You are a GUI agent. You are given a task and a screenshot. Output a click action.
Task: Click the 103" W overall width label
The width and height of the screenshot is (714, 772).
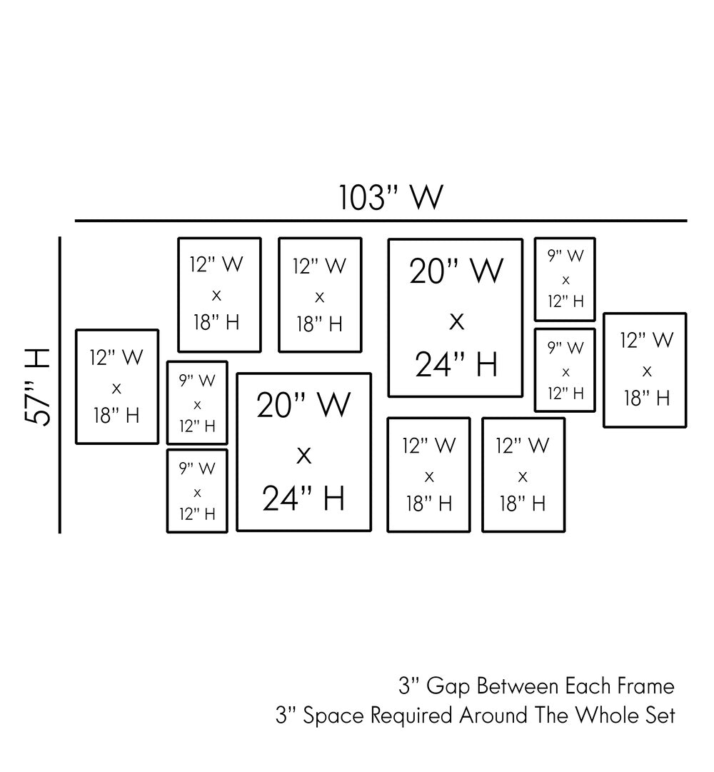(391, 197)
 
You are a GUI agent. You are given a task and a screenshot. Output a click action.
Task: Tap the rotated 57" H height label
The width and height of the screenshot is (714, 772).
(36, 386)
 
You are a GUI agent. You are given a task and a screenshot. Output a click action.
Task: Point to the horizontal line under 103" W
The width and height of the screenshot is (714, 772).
(381, 221)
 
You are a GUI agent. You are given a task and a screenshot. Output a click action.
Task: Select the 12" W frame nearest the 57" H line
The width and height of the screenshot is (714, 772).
(117, 386)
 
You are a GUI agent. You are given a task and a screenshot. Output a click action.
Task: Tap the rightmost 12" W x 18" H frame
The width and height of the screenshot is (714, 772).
(645, 370)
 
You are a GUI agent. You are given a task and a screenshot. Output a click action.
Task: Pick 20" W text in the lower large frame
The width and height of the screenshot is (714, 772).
(303, 405)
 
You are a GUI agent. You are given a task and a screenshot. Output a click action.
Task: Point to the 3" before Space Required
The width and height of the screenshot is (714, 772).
(284, 716)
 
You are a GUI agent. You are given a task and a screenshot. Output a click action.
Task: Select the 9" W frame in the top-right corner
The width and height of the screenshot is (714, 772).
(565, 279)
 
